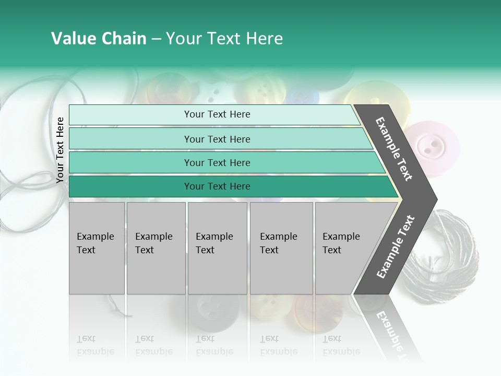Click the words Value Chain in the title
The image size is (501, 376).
[99, 39]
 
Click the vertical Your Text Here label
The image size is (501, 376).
[61, 150]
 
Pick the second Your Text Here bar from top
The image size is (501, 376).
[217, 139]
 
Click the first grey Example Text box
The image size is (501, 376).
[97, 248]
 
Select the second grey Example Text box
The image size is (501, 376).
[156, 248]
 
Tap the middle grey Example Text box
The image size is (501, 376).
[217, 248]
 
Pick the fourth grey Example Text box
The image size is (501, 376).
[281, 248]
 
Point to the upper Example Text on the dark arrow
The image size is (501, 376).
[394, 149]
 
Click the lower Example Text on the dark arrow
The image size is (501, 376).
[396, 246]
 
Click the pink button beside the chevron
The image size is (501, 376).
[433, 145]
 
